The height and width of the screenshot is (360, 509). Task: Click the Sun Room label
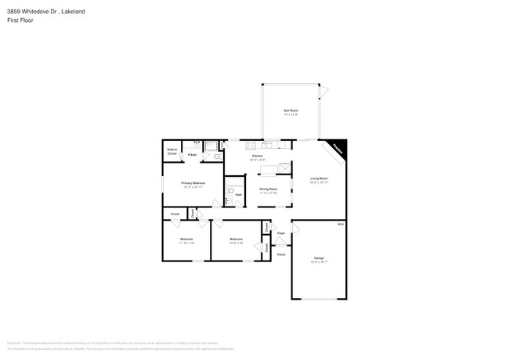(290, 110)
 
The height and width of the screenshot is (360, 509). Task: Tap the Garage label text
(319, 257)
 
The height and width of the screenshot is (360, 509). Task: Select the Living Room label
(319, 178)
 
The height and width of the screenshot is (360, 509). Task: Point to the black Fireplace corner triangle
(338, 147)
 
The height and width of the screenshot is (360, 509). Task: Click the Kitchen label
(257, 157)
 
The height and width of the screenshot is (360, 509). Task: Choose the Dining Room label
(269, 189)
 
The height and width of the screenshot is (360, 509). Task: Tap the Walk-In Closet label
(171, 152)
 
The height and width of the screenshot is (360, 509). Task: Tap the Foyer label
(280, 232)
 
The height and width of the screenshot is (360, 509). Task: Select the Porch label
(281, 254)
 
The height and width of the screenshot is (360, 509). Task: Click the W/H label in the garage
(339, 225)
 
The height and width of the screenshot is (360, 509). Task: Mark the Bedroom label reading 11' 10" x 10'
(186, 239)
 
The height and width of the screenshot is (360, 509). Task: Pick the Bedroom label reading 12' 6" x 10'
(236, 239)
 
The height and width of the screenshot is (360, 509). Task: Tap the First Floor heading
(20, 20)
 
